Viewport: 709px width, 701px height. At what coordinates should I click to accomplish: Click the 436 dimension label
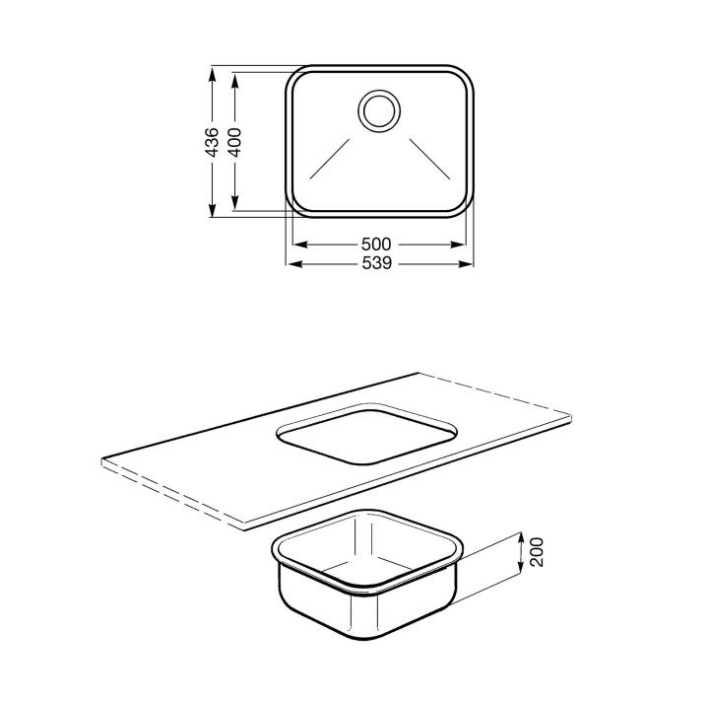211,142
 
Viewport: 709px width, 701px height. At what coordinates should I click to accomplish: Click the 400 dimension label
233,142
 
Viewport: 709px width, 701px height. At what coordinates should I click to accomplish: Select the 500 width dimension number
376,245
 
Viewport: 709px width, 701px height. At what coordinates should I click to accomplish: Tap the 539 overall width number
376,263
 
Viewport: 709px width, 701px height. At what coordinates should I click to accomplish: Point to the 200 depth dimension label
537,551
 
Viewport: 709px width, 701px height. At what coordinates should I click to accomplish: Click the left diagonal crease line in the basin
330,159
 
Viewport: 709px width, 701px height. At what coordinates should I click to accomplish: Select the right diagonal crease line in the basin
430,159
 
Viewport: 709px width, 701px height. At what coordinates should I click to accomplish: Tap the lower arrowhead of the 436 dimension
211,210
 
